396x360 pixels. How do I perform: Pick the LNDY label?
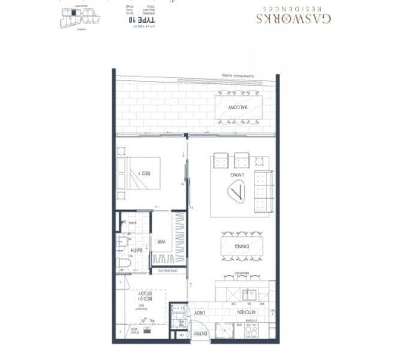tap(199, 313)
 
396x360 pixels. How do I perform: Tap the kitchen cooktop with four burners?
tap(250, 331)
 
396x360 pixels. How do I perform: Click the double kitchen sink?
tap(248, 295)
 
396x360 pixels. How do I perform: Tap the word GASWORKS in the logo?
tap(293, 19)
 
